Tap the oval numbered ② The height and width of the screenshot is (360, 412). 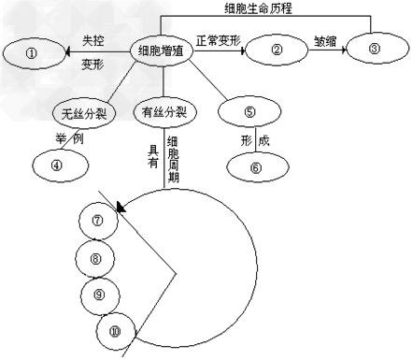click(277, 53)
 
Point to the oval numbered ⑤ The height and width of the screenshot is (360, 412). click(249, 112)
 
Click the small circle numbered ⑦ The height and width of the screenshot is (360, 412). click(99, 220)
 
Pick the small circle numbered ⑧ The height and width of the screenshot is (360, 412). click(95, 256)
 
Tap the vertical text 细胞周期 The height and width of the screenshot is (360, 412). click(173, 159)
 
